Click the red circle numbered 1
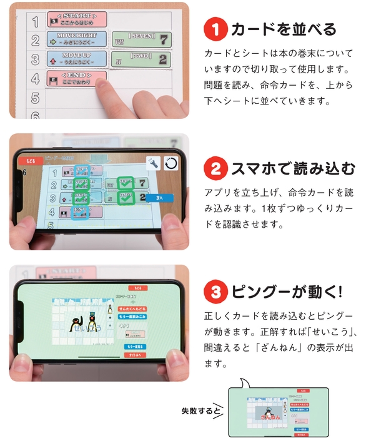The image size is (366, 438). click(x=215, y=29)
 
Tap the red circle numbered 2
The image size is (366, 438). click(x=215, y=168)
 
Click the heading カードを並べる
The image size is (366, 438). click(x=284, y=29)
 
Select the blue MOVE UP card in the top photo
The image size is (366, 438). click(x=76, y=60)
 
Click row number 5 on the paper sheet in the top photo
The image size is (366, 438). click(x=35, y=98)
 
